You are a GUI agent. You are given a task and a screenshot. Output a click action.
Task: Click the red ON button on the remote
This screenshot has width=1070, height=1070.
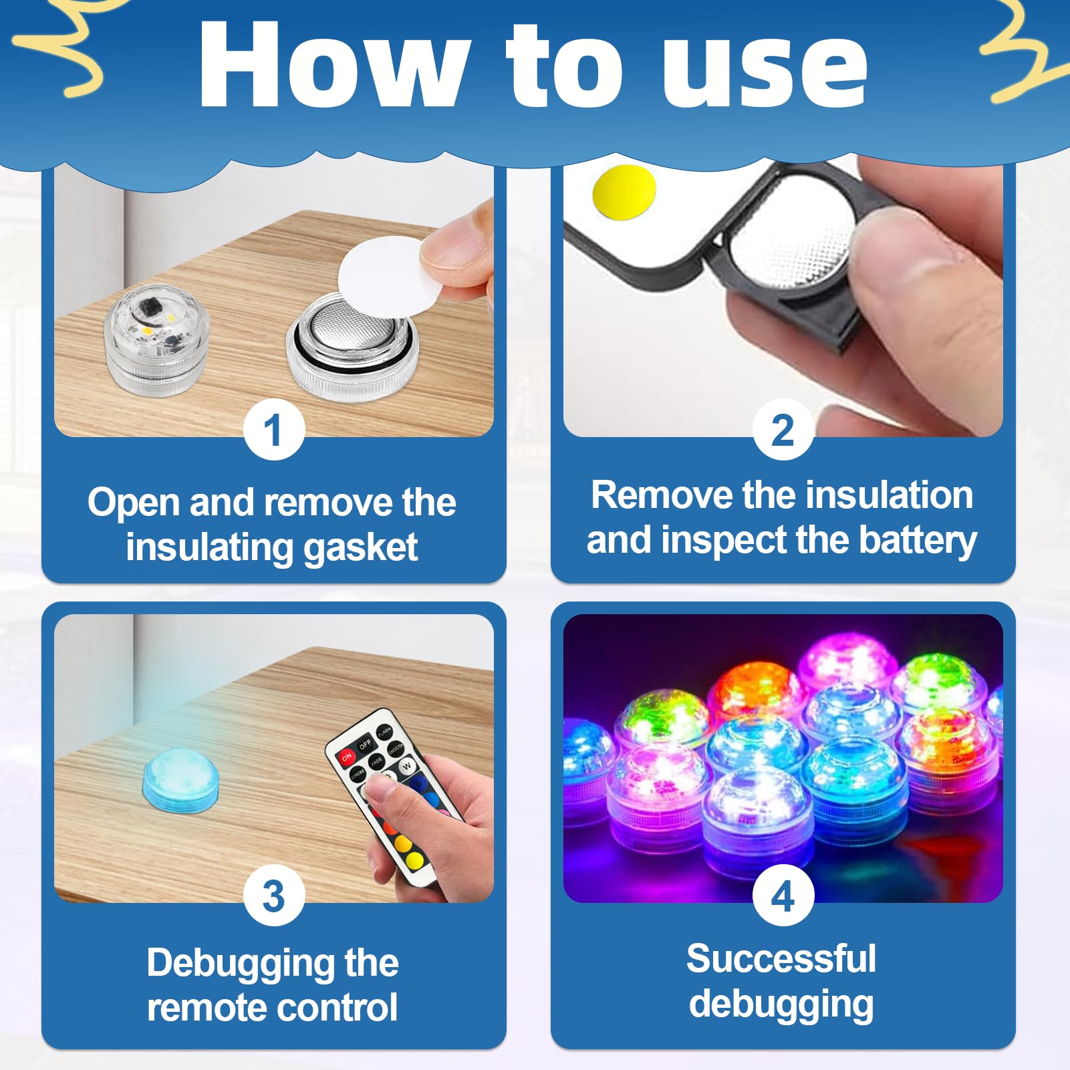coord(347,757)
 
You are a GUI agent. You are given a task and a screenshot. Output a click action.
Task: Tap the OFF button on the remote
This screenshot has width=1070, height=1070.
coord(365,744)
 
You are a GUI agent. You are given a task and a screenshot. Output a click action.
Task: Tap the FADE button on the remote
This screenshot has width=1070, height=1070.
coord(377,761)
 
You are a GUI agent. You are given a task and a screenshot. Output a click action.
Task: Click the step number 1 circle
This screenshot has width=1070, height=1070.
coord(273,430)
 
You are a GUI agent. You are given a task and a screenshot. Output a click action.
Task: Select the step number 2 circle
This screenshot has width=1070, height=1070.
coord(783,430)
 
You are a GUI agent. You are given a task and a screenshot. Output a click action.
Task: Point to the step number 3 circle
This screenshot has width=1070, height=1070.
coord(273,896)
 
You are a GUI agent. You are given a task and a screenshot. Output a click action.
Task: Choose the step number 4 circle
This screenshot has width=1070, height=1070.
coord(783,896)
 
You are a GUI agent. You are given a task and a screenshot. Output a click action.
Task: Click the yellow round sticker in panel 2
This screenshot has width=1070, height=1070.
coord(623,190)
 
